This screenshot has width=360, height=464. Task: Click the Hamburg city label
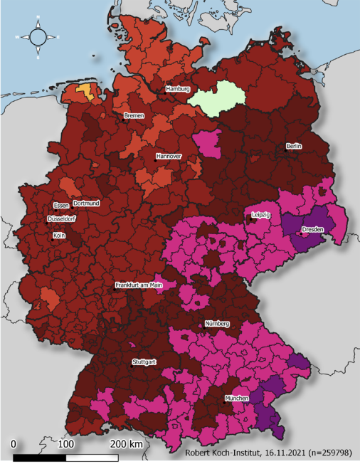tap(178, 89)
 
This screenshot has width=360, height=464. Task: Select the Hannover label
tap(169, 156)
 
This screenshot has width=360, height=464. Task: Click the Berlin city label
tap(294, 146)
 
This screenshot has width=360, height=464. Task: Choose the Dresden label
tap(313, 230)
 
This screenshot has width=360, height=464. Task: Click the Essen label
tap(61, 205)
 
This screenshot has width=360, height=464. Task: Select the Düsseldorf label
tap(61, 219)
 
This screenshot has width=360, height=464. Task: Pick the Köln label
tap(59, 234)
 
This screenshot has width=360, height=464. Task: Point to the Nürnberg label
tap(217, 324)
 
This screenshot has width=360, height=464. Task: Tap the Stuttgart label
tap(144, 362)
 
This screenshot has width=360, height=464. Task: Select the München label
tap(237, 399)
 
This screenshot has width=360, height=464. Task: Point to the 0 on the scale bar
tap(14, 445)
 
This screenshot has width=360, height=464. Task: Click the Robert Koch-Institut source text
tap(269, 453)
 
